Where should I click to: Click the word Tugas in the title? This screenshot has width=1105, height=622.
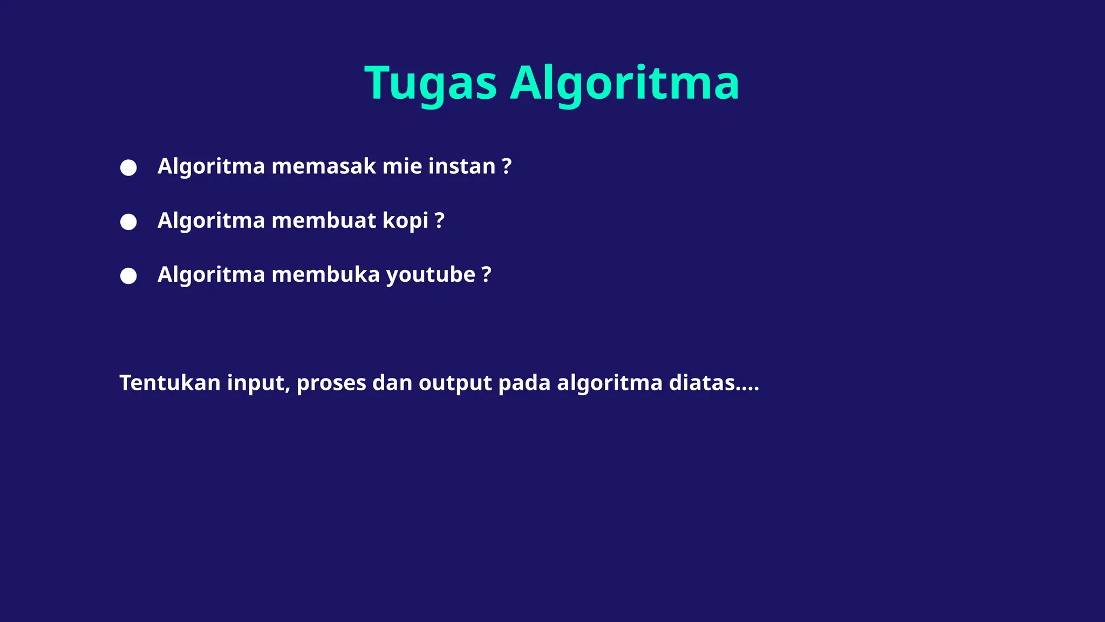coord(431,84)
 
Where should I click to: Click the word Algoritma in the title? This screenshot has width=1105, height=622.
coord(624,84)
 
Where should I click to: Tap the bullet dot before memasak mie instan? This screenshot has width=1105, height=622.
coord(128,167)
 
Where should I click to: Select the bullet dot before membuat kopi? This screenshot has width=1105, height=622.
coord(128,222)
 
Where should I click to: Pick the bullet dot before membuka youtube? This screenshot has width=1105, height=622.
coord(128,276)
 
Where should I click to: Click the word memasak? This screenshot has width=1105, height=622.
coord(324,166)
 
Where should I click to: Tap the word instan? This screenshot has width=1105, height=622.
coord(462,166)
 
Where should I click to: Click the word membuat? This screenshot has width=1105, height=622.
coord(324,221)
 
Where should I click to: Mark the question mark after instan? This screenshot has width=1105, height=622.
coord(507,166)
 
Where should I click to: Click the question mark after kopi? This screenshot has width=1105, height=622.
coord(439,221)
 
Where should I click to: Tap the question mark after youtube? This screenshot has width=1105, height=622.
coord(487,275)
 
